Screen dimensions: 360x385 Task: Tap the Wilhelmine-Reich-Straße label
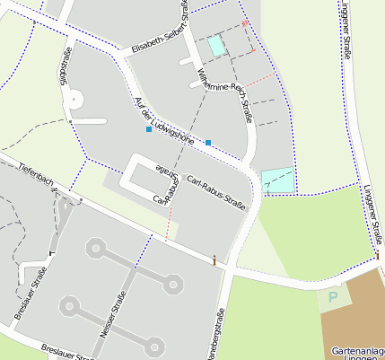(227, 91)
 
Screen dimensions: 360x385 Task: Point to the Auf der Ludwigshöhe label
(162, 119)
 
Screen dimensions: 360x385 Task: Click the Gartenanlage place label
(357, 351)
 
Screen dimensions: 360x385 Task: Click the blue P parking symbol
(334, 297)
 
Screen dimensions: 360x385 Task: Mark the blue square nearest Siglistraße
(149, 130)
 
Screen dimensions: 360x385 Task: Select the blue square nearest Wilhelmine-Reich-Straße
(208, 143)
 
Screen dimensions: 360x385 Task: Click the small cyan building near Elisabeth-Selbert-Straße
(216, 45)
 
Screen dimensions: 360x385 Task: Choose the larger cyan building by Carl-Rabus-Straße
(277, 180)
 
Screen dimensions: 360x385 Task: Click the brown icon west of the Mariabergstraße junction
(214, 260)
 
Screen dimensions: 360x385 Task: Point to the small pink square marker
(244, 22)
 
